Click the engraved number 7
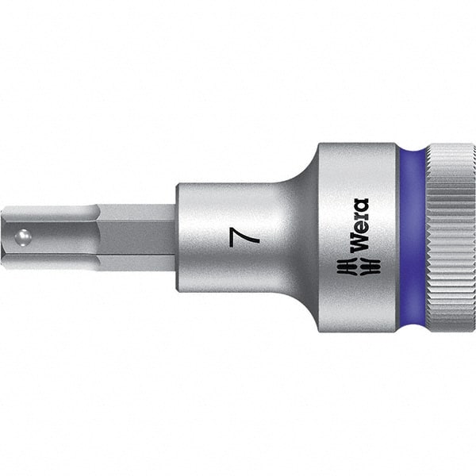[234, 237]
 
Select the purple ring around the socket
[412, 237]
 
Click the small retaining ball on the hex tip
[25, 236]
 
